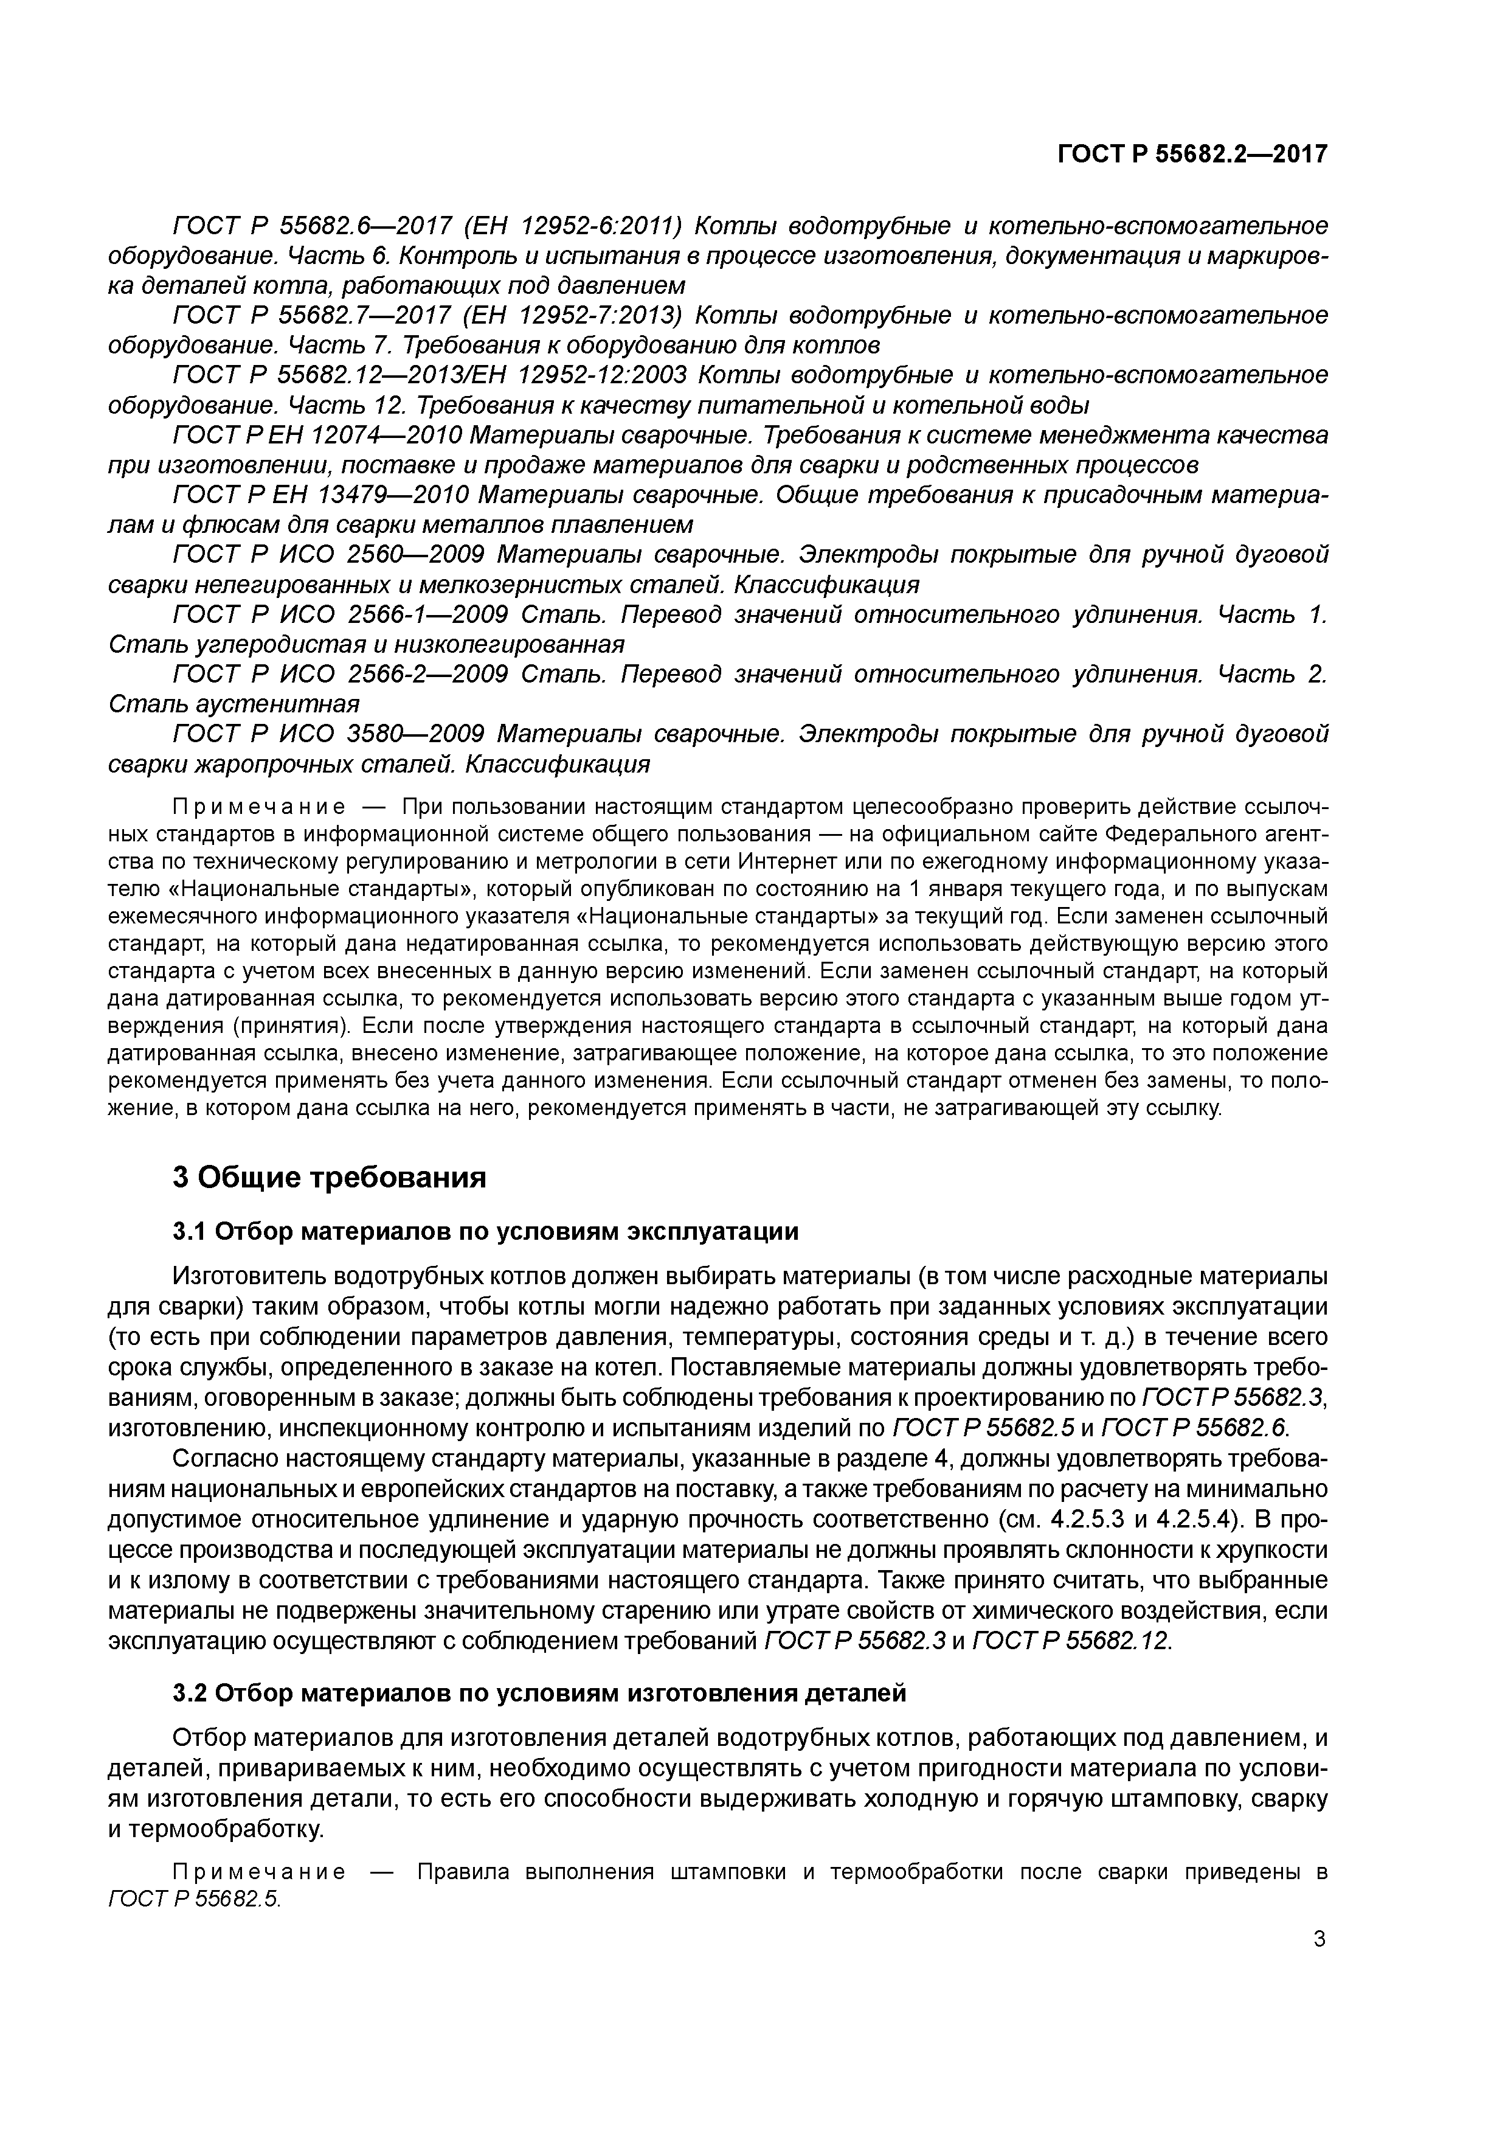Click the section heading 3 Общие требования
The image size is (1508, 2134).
click(330, 1178)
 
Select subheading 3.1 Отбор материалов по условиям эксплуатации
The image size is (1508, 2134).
click(486, 1231)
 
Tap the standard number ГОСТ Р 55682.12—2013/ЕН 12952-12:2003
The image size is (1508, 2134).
click(430, 375)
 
